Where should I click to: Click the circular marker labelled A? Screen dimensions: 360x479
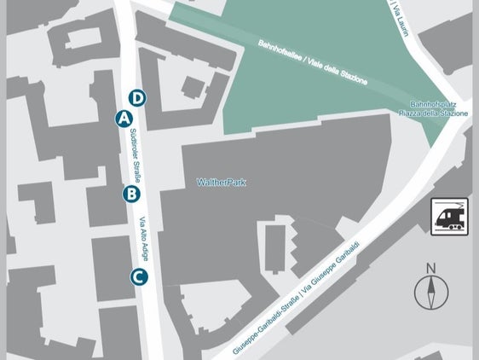tap(124, 118)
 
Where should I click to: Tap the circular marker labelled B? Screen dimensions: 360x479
tap(130, 194)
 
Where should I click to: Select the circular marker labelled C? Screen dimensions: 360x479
tap(138, 276)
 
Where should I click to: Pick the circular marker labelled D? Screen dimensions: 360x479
tap(139, 97)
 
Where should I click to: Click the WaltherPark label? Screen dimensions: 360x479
tap(221, 182)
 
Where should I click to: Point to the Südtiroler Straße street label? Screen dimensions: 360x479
tap(135, 151)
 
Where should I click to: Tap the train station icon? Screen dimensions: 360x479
tap(449, 216)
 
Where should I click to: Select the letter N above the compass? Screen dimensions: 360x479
tap(431, 269)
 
